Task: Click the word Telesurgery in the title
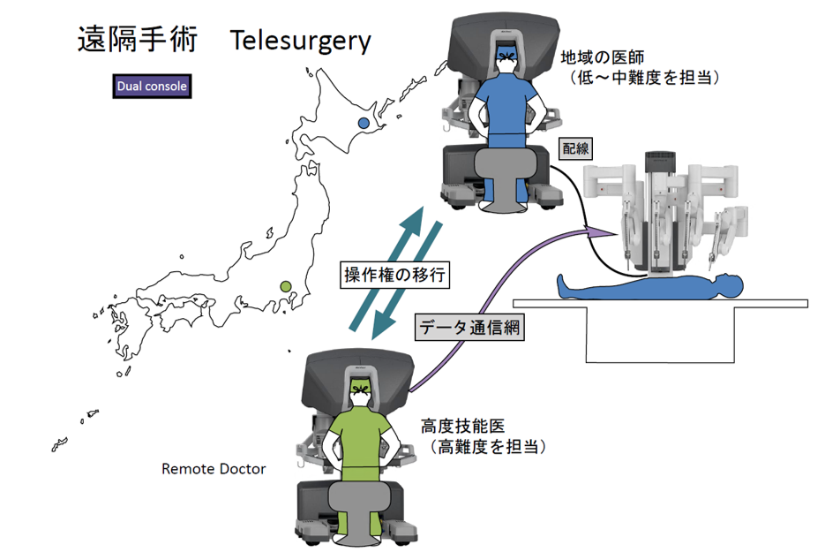point(301,41)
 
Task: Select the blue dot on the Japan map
point(364,124)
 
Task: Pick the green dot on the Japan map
point(285,286)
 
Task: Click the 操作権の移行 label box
point(396,274)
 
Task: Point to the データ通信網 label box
point(470,328)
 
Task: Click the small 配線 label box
point(574,148)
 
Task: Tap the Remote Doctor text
point(214,468)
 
